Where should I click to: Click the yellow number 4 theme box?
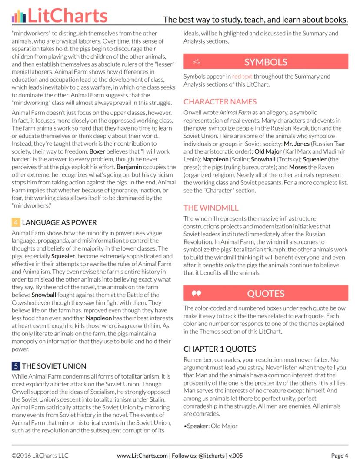[x=16, y=223]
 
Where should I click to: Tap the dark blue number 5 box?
[x=16, y=366]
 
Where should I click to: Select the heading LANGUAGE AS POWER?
[x=60, y=223]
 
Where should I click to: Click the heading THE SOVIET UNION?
[x=54, y=366]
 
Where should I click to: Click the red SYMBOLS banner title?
[x=266, y=62]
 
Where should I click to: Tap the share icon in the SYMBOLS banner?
[x=196, y=62]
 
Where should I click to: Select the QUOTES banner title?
[x=266, y=294]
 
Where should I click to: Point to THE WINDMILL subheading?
[x=211, y=208]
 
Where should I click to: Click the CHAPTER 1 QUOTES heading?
[x=220, y=349]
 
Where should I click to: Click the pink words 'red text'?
[x=242, y=77]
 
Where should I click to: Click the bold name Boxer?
[x=97, y=151]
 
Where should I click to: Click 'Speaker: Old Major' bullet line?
[x=211, y=426]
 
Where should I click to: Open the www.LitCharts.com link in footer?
[x=142, y=456]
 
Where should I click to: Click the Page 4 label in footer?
[x=340, y=456]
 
